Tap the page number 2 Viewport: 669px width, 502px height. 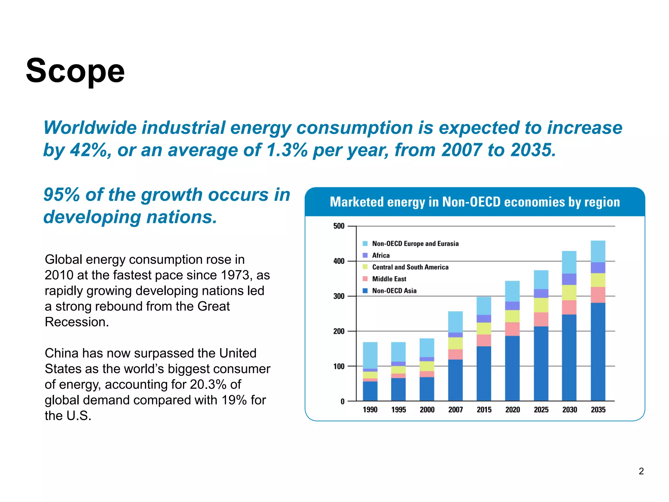(641, 471)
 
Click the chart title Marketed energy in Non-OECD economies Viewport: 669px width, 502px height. (475, 202)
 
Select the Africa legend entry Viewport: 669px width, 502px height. (381, 255)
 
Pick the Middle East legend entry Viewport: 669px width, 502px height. (389, 279)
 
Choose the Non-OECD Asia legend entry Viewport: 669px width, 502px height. (394, 291)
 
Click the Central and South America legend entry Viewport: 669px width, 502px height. (410, 267)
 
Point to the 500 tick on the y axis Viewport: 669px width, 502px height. (339, 226)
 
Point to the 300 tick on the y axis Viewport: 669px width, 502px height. (339, 296)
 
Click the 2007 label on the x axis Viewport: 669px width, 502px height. (455, 410)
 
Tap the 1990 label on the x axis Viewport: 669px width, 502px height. (370, 410)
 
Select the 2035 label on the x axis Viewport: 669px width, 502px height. (598, 410)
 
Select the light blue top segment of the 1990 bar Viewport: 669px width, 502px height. (370, 355)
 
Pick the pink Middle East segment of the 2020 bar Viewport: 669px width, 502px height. (512, 329)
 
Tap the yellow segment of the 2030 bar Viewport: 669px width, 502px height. (569, 293)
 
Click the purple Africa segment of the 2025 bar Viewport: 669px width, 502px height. (541, 293)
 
